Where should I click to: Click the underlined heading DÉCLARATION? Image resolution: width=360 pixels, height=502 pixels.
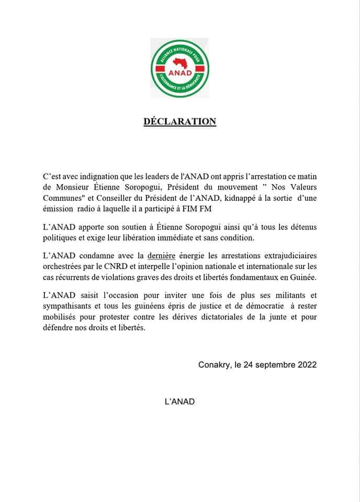[x=180, y=121]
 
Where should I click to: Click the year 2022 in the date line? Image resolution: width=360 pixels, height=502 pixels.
[x=305, y=365]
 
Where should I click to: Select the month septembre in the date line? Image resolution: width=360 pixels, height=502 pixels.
[x=272, y=365]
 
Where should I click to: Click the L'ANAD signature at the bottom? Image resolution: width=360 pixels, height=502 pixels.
[x=179, y=402]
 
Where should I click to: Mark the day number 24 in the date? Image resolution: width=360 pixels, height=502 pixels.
[x=247, y=365]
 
